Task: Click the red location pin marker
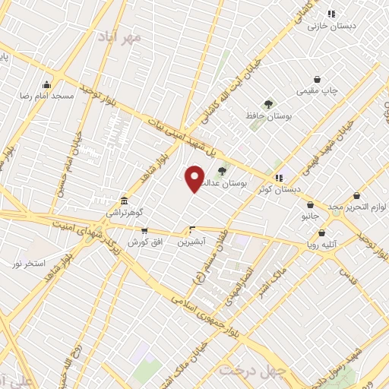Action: click(x=194, y=178)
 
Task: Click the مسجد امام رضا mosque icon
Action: click(x=47, y=85)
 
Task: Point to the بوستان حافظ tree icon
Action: click(x=267, y=103)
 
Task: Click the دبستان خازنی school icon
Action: click(x=331, y=14)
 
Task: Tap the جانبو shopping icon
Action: click(x=310, y=204)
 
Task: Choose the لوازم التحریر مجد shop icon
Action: click(x=356, y=196)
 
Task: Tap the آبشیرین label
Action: click(x=191, y=242)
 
